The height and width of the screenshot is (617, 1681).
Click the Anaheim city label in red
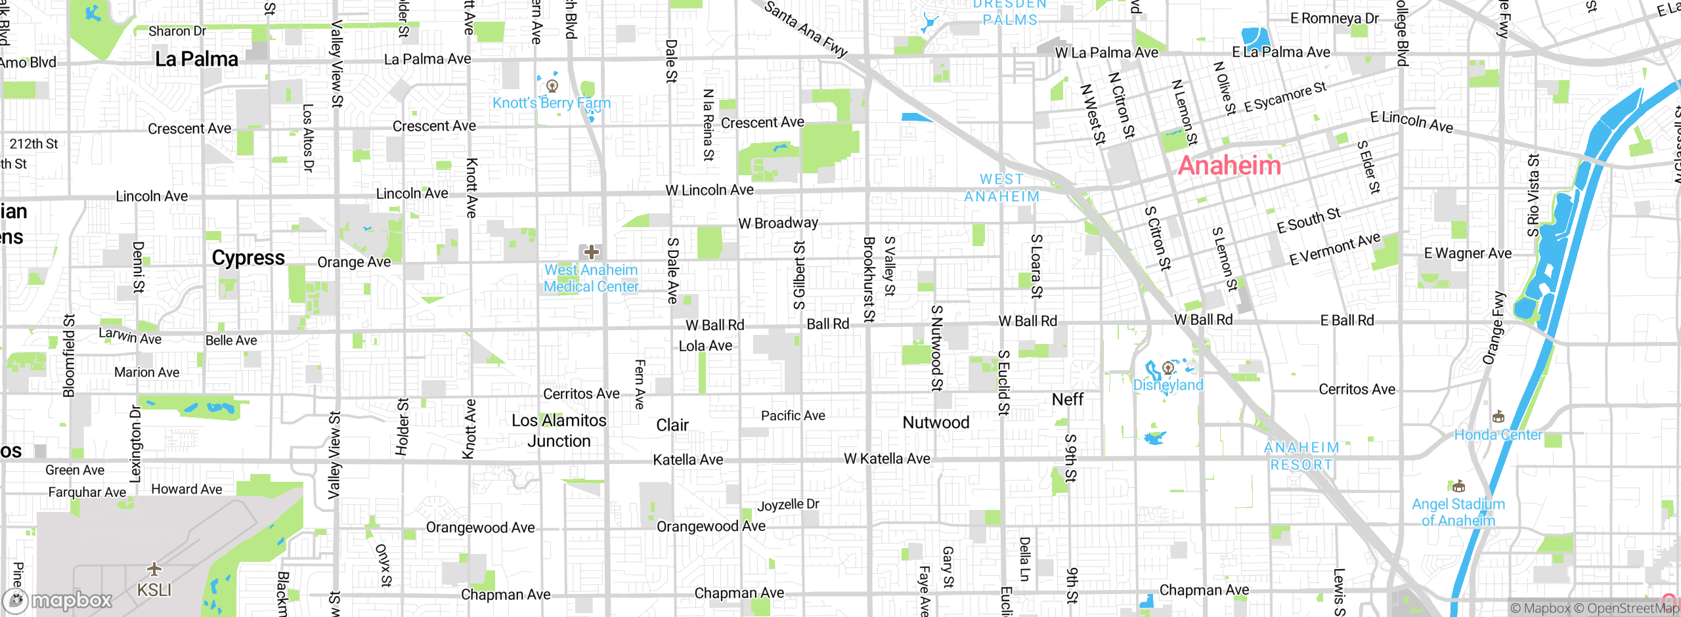pos(1229,165)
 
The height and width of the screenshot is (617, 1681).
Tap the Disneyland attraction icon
pos(1168,368)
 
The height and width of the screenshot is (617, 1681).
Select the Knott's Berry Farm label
pos(552,103)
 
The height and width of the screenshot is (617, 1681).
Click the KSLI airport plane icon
pos(154,568)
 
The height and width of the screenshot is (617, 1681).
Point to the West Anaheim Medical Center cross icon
pos(591,252)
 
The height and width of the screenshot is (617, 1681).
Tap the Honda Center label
pos(1498,435)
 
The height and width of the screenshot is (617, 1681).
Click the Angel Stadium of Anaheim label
pos(1458,512)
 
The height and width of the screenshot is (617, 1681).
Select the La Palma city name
pos(196,59)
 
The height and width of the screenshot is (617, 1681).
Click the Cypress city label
pos(248,258)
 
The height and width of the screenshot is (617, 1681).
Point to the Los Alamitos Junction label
pos(559,431)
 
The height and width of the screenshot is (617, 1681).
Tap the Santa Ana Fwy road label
pos(806,29)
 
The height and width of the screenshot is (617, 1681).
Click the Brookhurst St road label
pos(869,280)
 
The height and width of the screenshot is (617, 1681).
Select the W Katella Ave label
pos(886,459)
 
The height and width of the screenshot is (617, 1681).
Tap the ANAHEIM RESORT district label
pos(1301,456)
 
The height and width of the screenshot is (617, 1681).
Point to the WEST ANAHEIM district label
pos(1002,188)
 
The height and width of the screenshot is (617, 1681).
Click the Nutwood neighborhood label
pos(936,423)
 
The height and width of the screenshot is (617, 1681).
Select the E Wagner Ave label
pos(1468,253)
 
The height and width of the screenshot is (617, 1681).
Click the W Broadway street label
pos(778,223)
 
